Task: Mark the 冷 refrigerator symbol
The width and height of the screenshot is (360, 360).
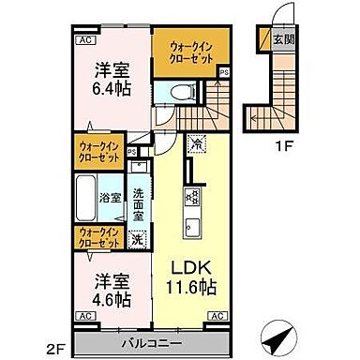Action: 197,144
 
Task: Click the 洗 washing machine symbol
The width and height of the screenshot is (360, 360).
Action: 137,239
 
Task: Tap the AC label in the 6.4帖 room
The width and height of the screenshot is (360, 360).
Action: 83,40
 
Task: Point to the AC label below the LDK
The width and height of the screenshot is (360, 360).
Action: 216,317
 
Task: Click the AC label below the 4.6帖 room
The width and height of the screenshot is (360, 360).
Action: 83,317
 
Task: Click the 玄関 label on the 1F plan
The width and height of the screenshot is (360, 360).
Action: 281,39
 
